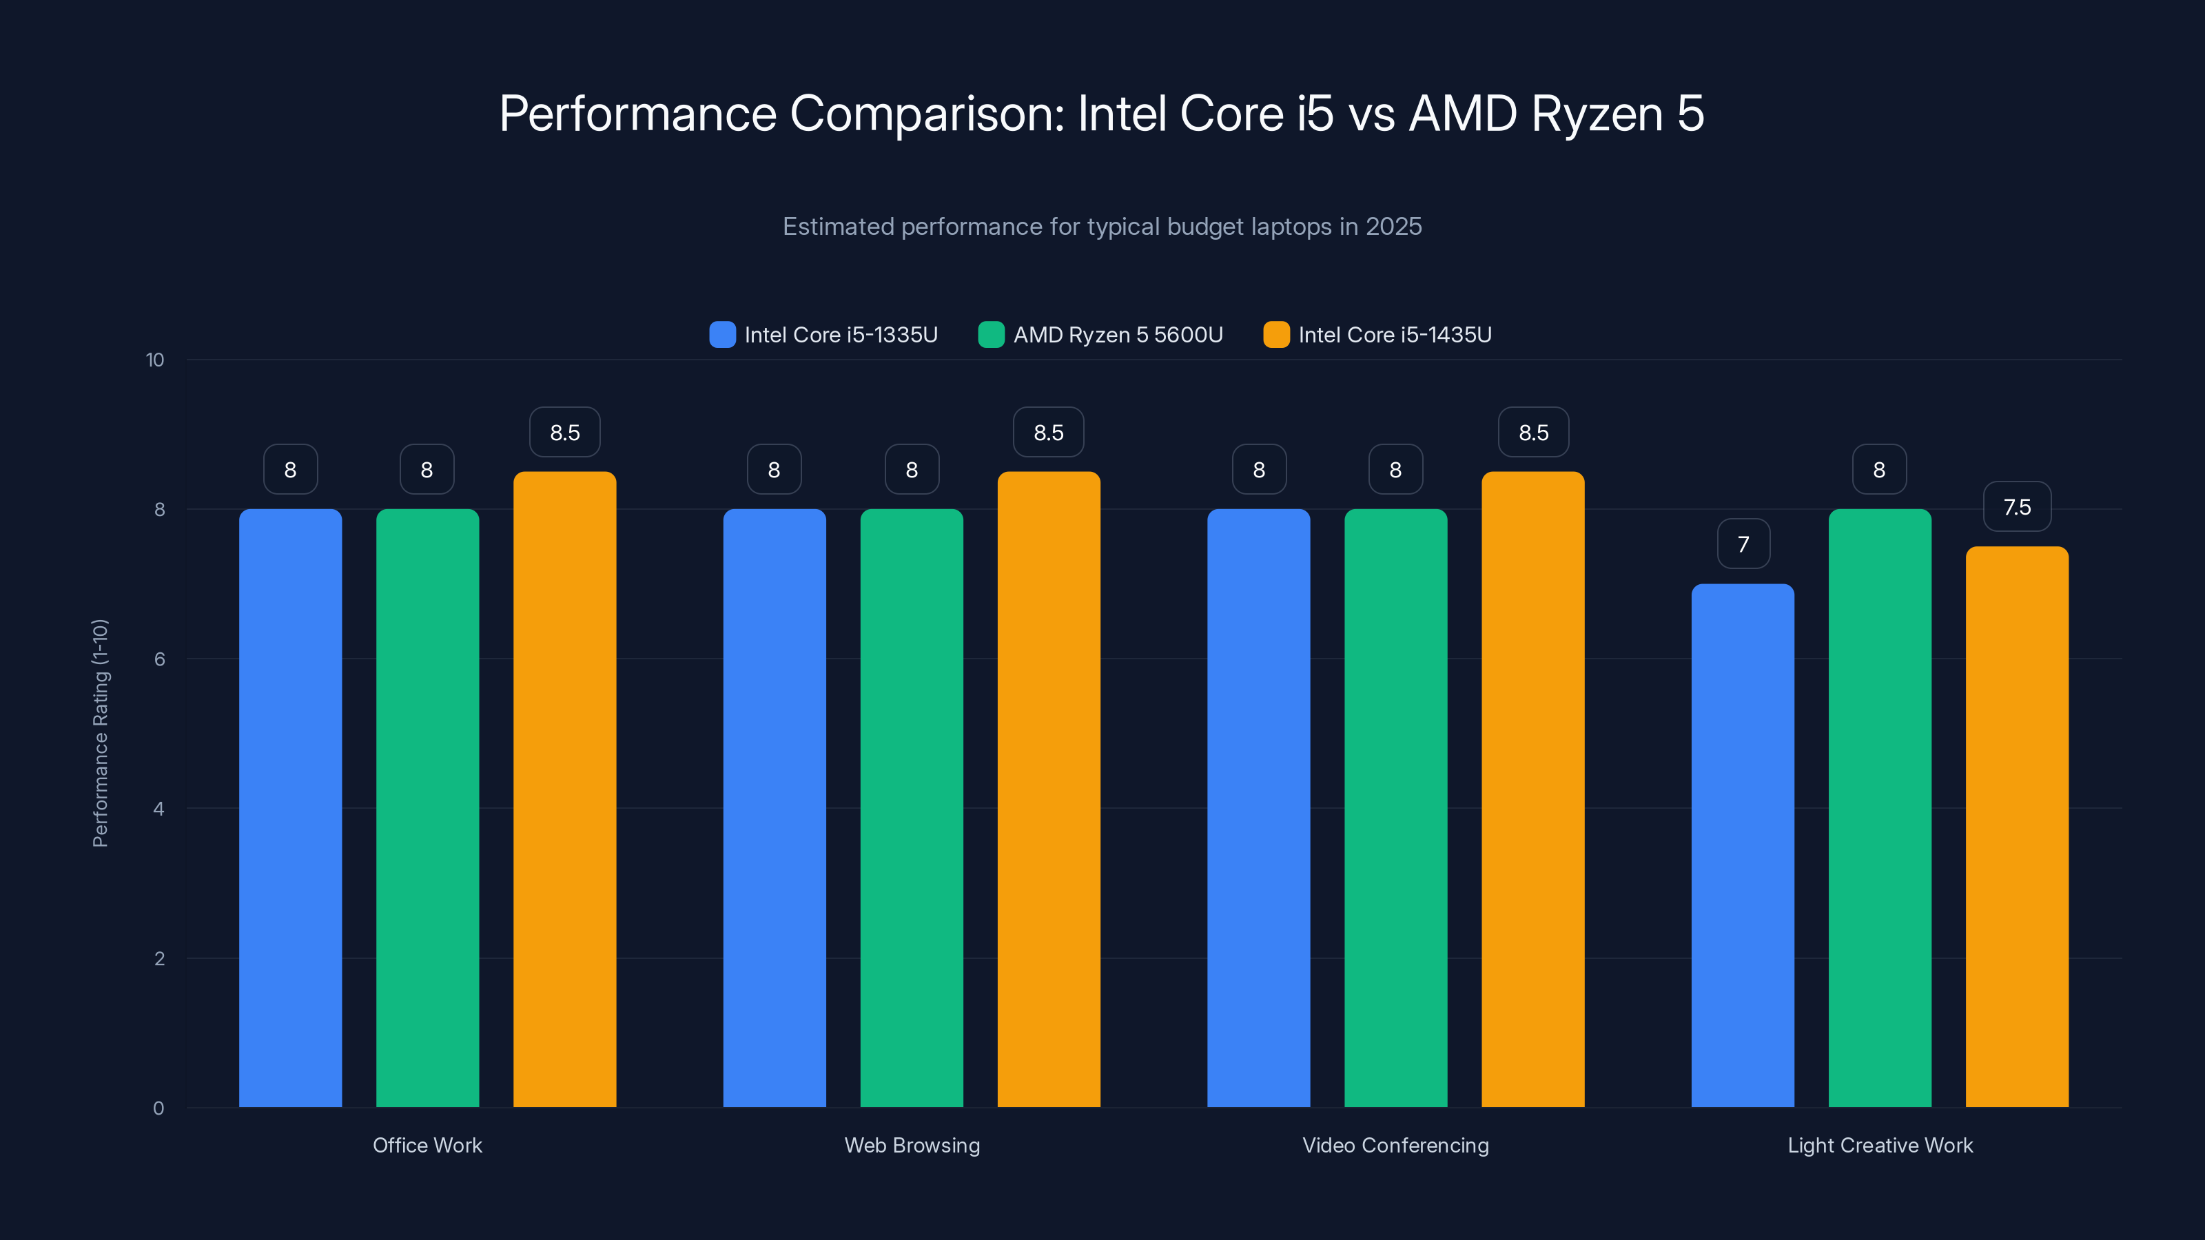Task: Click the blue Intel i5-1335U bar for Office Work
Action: tap(290, 808)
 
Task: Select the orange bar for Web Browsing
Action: tap(1049, 789)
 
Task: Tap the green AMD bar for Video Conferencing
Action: tap(1395, 808)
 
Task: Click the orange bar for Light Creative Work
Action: tap(2017, 827)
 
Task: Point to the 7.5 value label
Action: tap(2017, 506)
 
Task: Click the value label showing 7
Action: tap(1743, 544)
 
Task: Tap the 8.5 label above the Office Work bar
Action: tap(564, 432)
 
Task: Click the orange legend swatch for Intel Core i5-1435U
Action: tap(1276, 335)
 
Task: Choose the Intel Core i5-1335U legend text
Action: tap(841, 335)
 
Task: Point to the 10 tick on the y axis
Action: tap(155, 360)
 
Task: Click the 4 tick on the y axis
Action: tap(158, 809)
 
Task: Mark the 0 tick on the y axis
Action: tap(158, 1108)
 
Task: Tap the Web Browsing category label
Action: tap(912, 1145)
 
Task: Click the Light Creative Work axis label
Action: tap(1880, 1145)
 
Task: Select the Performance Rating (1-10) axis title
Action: tap(100, 734)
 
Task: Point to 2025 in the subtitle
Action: tap(1393, 227)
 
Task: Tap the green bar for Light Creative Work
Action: tap(1880, 808)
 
